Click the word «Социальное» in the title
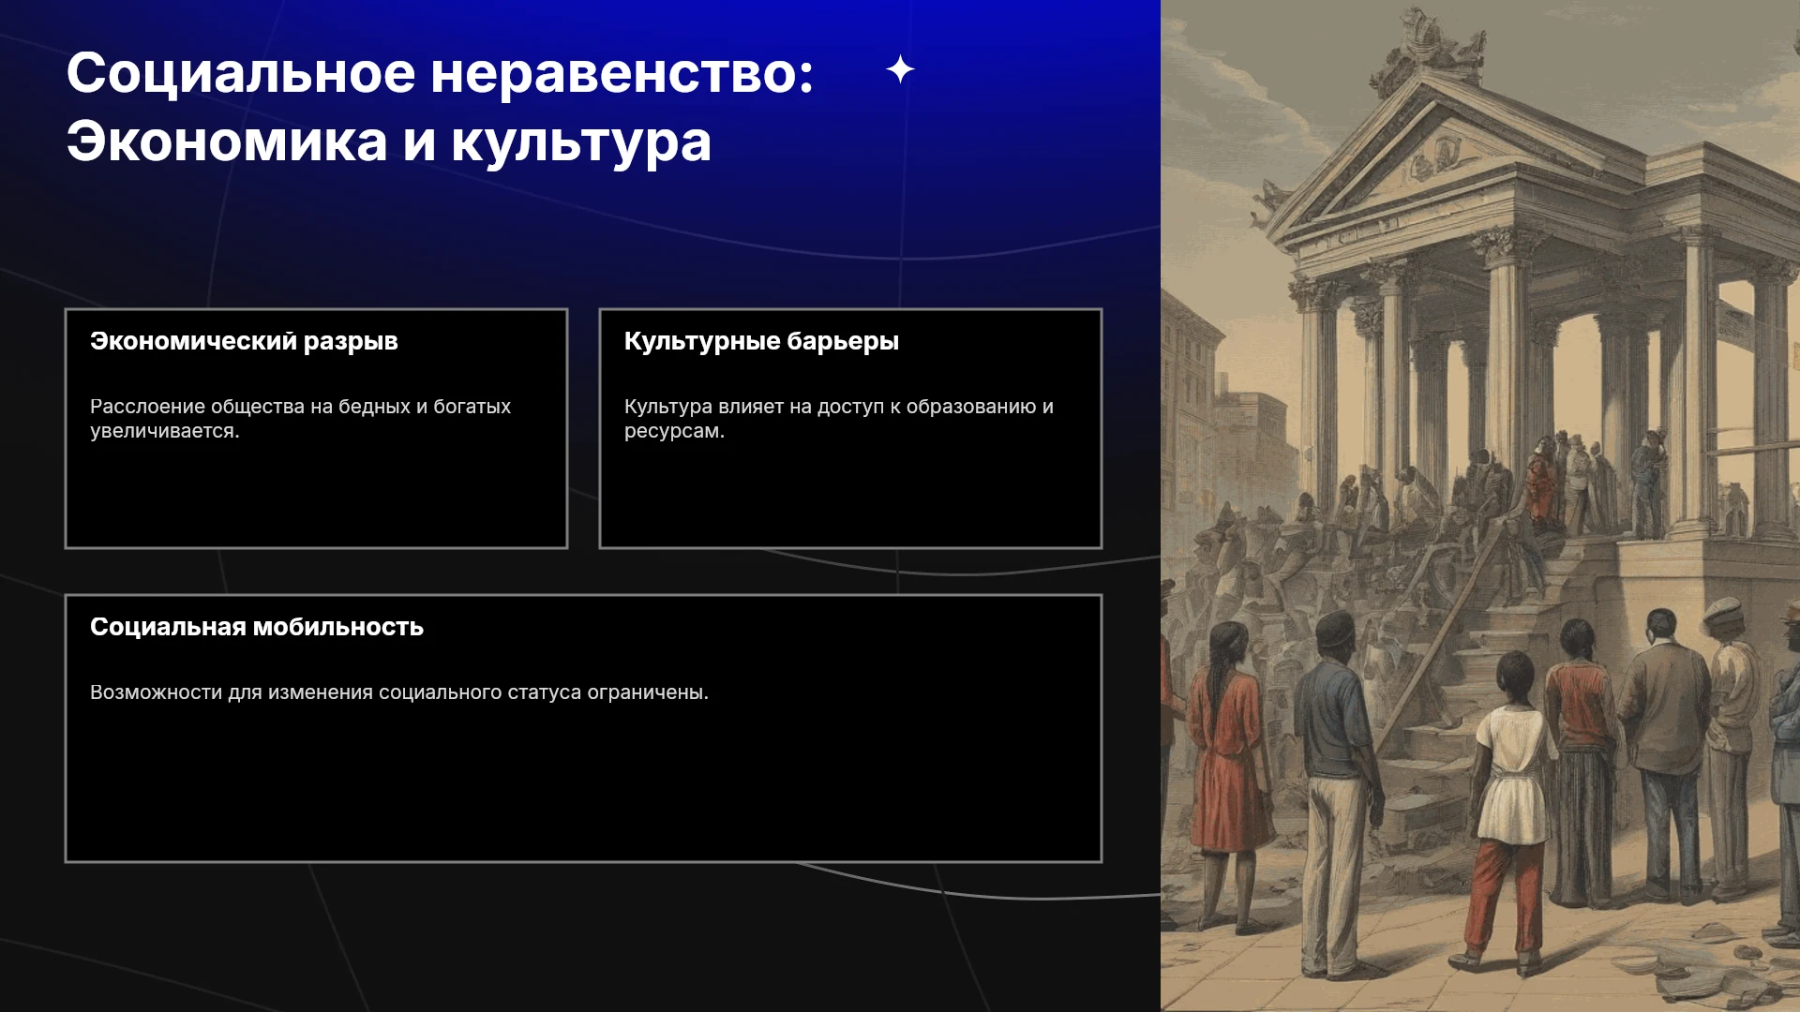pyautogui.click(x=241, y=73)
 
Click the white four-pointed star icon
pyautogui.click(x=900, y=69)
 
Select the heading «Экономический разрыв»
pyautogui.click(x=244, y=341)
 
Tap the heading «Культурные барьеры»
pyautogui.click(x=761, y=341)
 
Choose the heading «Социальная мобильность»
pyautogui.click(x=257, y=627)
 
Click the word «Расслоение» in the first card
pyautogui.click(x=146, y=407)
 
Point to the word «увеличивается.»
pyautogui.click(x=165, y=431)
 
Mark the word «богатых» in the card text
pyautogui.click(x=472, y=407)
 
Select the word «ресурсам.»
pyautogui.click(x=674, y=432)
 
